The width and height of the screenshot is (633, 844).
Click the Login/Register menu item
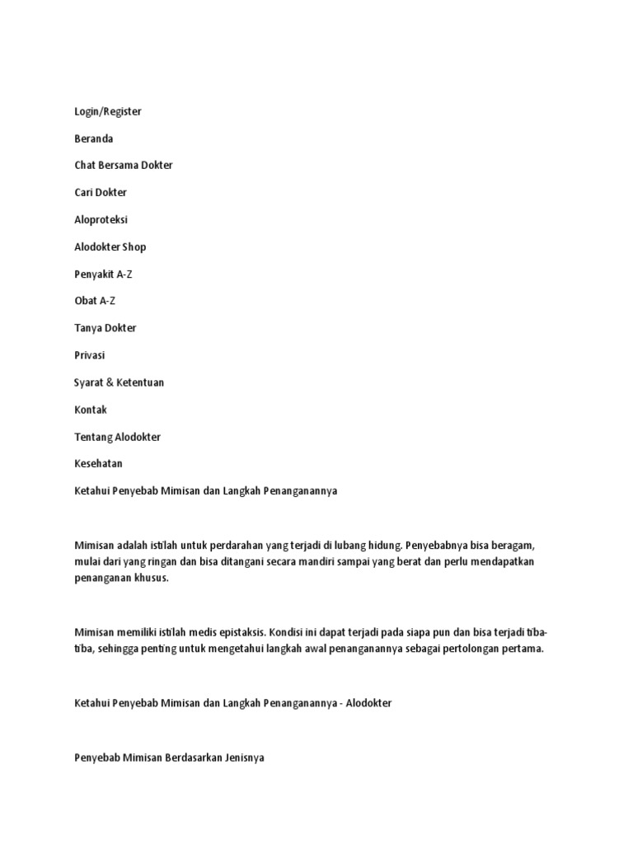pyautogui.click(x=107, y=111)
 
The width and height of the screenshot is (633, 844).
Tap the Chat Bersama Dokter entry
pyautogui.click(x=123, y=165)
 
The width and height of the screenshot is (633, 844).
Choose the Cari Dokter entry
pyautogui.click(x=101, y=192)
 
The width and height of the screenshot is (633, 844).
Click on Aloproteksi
pyautogui.click(x=101, y=220)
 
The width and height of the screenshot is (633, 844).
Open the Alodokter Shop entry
pyautogui.click(x=110, y=246)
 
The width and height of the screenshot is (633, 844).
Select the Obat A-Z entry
pyautogui.click(x=94, y=301)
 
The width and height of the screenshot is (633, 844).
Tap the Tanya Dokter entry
pyautogui.click(x=105, y=328)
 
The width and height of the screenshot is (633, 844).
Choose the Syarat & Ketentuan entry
pyautogui.click(x=120, y=382)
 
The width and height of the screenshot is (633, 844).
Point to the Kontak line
pyautogui.click(x=90, y=410)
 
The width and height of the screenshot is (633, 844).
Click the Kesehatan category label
pyautogui.click(x=98, y=464)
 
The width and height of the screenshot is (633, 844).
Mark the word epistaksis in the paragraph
pyautogui.click(x=235, y=633)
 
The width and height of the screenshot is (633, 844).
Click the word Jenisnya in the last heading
pyautogui.click(x=241, y=757)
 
